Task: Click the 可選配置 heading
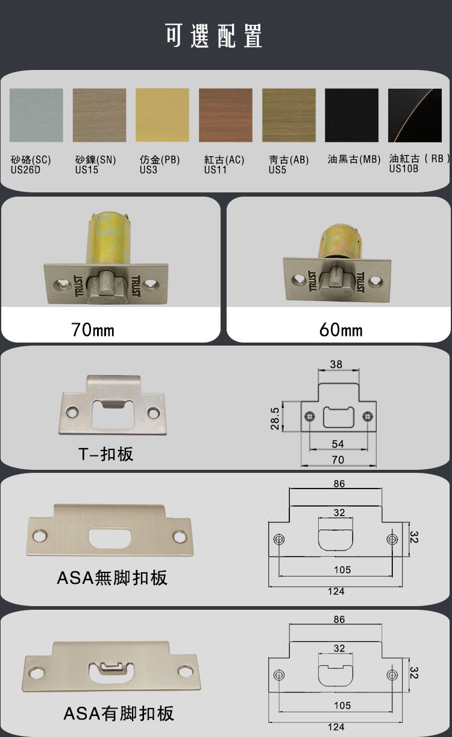click(x=214, y=36)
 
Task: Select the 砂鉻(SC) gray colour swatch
click(x=36, y=115)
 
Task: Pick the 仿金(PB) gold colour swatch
click(x=162, y=115)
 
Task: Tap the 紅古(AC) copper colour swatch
click(x=225, y=115)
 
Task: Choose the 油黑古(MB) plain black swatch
click(x=352, y=115)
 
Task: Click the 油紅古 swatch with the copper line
click(x=415, y=115)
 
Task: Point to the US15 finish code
click(x=87, y=169)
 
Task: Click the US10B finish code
click(x=404, y=168)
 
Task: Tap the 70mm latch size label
click(x=93, y=330)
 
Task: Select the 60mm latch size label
click(x=341, y=330)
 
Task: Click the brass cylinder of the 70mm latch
click(x=108, y=238)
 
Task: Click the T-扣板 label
click(x=106, y=454)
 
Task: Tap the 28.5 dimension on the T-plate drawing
click(x=275, y=419)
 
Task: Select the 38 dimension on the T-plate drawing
click(x=336, y=364)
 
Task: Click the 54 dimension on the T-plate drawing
click(x=338, y=444)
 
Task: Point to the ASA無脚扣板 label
click(x=112, y=578)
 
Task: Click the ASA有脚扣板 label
click(x=119, y=713)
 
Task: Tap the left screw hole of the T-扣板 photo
click(x=72, y=411)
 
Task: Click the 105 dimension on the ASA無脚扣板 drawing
click(x=342, y=569)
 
